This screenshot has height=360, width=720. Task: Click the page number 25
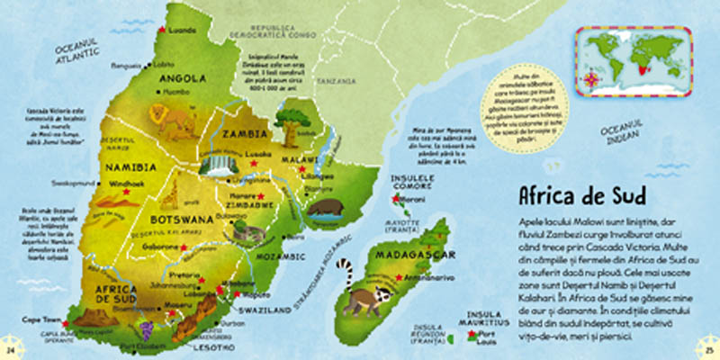[x=707, y=349]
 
